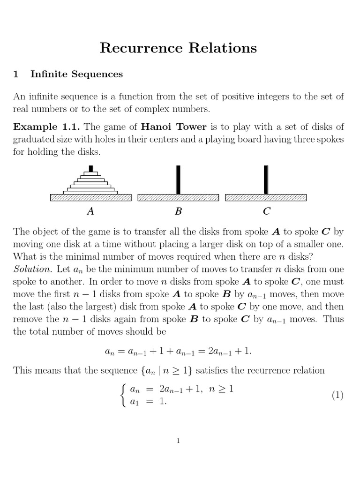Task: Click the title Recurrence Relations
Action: tap(178, 48)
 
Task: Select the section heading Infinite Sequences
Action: tap(76, 74)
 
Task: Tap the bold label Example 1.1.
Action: tap(46, 127)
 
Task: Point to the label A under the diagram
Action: tap(90, 211)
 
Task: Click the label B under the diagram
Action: tap(178, 211)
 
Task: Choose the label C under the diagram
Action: tap(266, 211)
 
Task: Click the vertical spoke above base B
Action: tap(178, 180)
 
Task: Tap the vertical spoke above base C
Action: tap(266, 180)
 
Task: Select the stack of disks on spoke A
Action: tap(90, 182)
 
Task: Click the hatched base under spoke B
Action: tap(178, 198)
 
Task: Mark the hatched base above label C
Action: tap(266, 198)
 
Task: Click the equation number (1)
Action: tap(337, 395)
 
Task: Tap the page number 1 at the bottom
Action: tap(178, 440)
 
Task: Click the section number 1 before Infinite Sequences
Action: tap(15, 74)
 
